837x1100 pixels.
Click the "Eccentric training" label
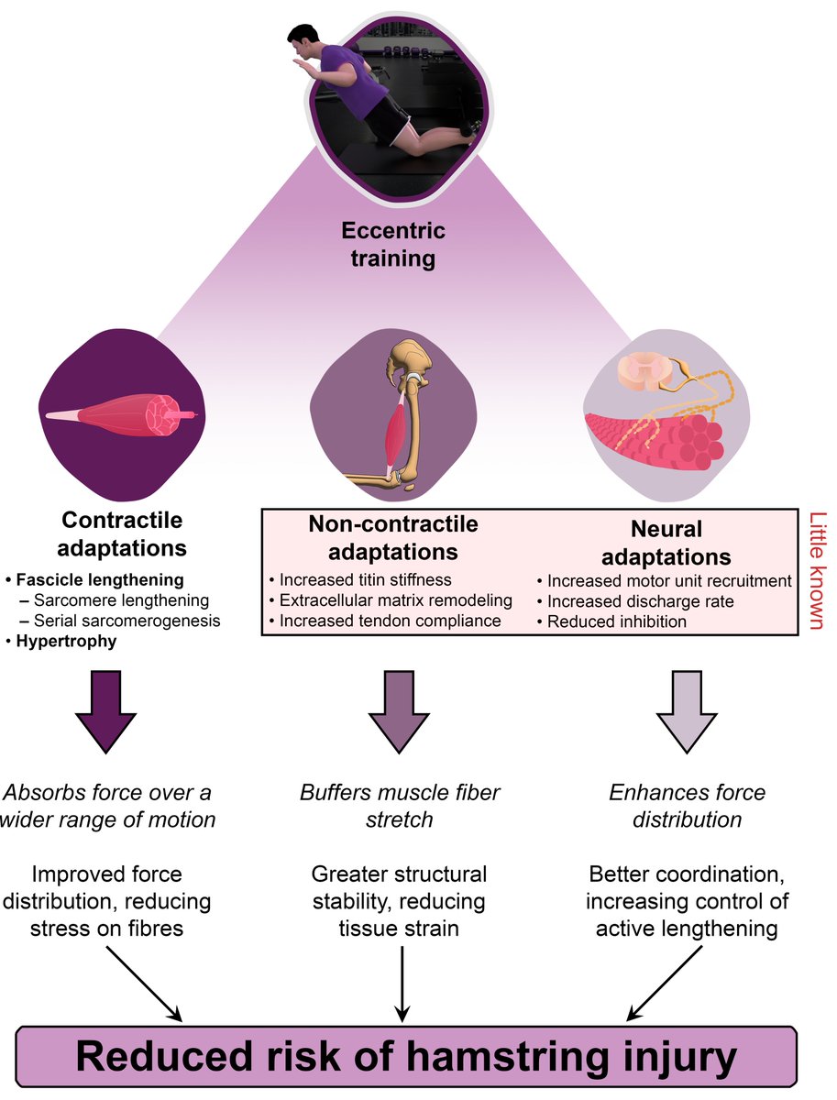[x=393, y=245]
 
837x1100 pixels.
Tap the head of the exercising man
[x=302, y=41]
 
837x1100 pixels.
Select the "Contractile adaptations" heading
[x=123, y=534]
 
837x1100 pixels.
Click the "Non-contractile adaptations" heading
[x=392, y=538]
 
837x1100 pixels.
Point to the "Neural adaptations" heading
[x=666, y=543]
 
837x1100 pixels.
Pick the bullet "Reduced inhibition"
[x=613, y=621]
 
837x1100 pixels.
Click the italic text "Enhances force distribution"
[x=687, y=804]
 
